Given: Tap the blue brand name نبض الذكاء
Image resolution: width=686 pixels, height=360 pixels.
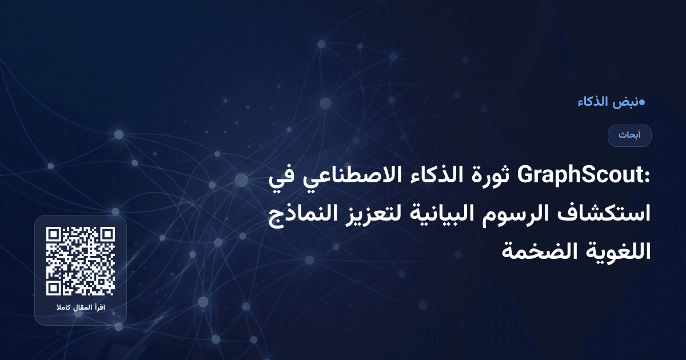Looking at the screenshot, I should pyautogui.click(x=609, y=102).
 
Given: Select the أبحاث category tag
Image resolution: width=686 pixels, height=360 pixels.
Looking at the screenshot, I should pyautogui.click(x=629, y=135).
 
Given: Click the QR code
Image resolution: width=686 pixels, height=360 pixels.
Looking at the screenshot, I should pyautogui.click(x=81, y=261).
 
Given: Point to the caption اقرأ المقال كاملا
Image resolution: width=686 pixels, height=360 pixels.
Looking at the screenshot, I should pyautogui.click(x=81, y=309).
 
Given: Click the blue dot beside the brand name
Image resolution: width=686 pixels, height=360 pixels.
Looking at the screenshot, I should pyautogui.click(x=642, y=102).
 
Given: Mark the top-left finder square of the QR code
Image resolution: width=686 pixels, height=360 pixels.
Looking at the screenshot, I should pyautogui.click(x=54, y=235).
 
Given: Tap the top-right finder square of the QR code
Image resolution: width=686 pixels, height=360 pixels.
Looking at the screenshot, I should pyautogui.click(x=107, y=235).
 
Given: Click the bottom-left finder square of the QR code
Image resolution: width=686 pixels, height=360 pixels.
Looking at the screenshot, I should pyautogui.click(x=54, y=287).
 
